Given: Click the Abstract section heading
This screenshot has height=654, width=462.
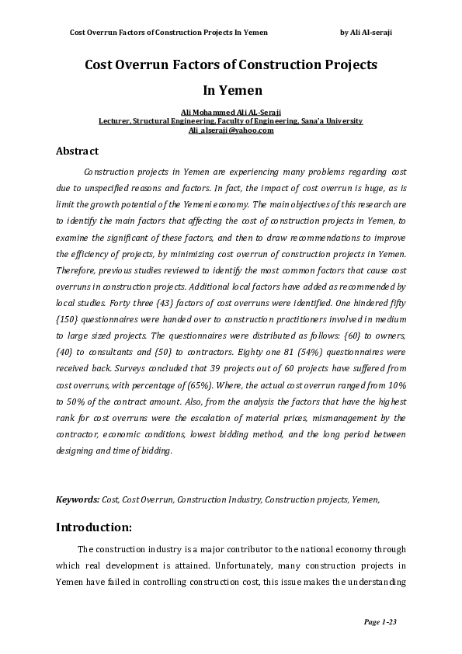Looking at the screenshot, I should point(77,151).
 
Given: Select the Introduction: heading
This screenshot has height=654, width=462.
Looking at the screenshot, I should point(94,528).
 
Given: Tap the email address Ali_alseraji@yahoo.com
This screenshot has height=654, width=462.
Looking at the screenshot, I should point(231,130).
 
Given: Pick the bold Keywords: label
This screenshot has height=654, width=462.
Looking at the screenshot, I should point(78,499).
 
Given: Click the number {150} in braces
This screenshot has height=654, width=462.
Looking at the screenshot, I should point(66,322).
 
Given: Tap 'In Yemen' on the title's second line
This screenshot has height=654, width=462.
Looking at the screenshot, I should point(231,91).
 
